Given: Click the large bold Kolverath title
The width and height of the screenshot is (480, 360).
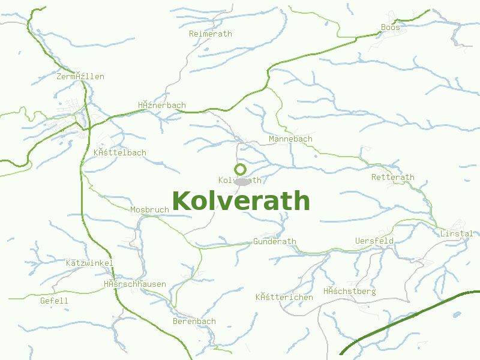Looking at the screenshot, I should coord(241,201).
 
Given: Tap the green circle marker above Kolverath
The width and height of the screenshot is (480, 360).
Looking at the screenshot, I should coord(241,169).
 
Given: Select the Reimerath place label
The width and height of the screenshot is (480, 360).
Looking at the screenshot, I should coord(210,34).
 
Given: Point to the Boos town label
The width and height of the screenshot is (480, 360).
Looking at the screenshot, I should coord(390,27).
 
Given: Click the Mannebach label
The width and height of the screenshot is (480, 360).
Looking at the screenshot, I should coord(290,139).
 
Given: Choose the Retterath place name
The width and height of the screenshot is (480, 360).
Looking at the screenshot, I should coord(392,177).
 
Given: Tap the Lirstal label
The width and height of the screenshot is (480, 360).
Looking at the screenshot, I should coord(456,233).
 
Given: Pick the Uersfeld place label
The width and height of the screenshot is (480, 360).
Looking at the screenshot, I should coord(374,241).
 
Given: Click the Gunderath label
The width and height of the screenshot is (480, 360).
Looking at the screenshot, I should coord(275,241).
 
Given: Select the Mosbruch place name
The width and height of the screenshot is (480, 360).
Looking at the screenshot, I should coord(149,209).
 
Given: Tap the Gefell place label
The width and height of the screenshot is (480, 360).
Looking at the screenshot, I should coord(54,301).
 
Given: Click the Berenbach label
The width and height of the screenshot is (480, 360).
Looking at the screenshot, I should coord(194,321).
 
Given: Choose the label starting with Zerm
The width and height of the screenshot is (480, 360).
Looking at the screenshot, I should coord(80,76).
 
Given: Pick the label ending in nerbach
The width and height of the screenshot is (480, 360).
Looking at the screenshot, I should coord(161,105).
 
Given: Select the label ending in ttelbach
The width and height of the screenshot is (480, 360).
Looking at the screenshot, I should coord(119,152).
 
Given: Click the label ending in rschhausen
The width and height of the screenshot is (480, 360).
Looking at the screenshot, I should coord(134,284).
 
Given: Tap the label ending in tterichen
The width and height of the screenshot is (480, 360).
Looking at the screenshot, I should coord(284,297).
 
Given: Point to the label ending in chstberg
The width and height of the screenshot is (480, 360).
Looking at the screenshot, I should coord(349,291).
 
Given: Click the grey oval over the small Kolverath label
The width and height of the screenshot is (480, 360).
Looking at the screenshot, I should coord(242,181).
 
